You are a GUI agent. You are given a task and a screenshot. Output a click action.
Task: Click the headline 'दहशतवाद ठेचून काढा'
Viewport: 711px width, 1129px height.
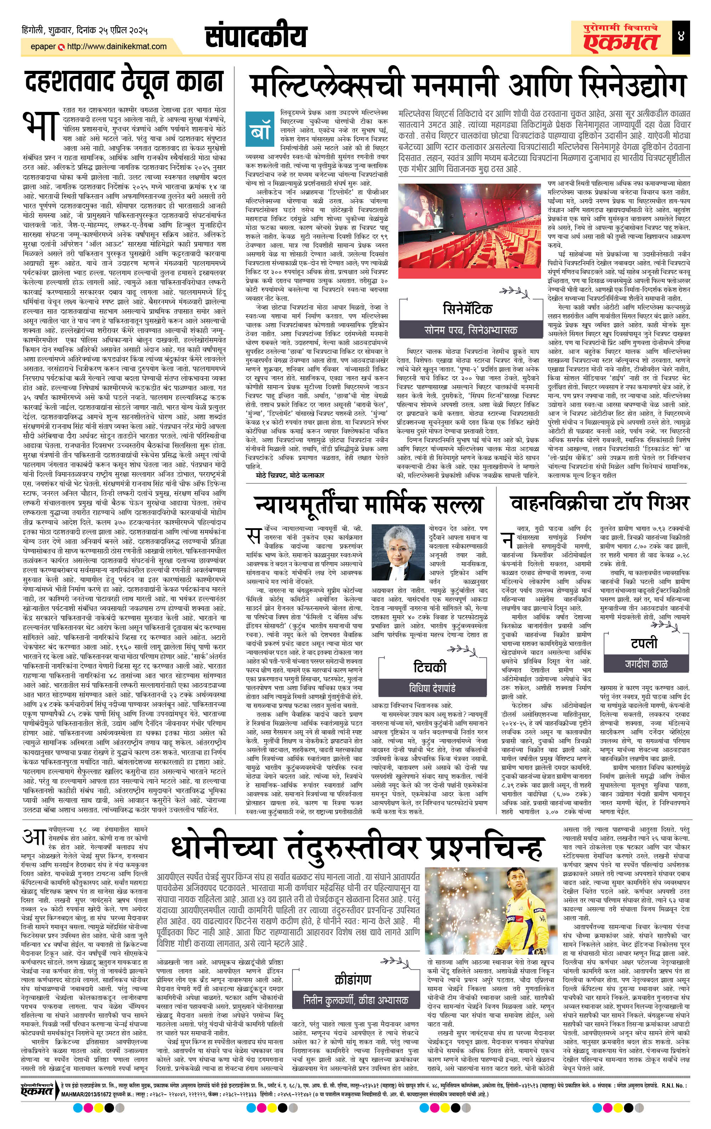click(123, 83)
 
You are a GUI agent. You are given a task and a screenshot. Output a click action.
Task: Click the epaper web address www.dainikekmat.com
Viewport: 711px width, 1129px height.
click(116, 46)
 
